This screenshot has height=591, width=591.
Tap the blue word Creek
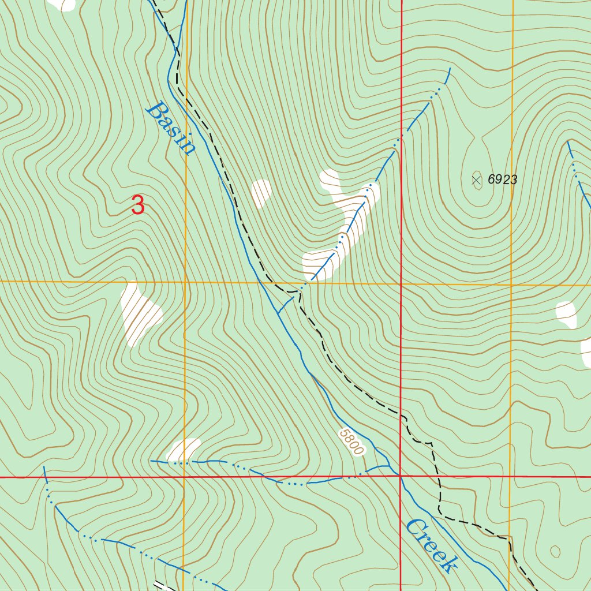tap(431, 545)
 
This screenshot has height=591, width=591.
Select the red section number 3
tap(137, 205)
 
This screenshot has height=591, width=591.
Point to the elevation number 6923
tap(502, 179)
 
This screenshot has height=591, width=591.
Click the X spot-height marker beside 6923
tap(477, 180)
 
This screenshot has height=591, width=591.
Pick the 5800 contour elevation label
tap(351, 442)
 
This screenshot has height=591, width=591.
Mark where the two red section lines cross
tap(401, 477)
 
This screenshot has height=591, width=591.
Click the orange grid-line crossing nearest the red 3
tap(185, 282)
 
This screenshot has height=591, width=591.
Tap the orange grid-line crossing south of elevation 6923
tap(511, 285)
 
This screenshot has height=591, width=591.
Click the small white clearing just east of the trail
tap(261, 193)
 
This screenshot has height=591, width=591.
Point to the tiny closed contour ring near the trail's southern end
tap(555, 551)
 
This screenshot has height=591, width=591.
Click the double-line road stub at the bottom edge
tap(162, 585)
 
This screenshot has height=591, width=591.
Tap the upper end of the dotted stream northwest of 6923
tap(448, 69)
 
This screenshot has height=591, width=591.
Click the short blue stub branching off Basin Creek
tap(286, 304)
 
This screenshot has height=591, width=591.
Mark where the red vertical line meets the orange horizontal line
tap(401, 284)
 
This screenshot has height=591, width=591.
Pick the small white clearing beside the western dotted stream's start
tap(184, 449)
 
